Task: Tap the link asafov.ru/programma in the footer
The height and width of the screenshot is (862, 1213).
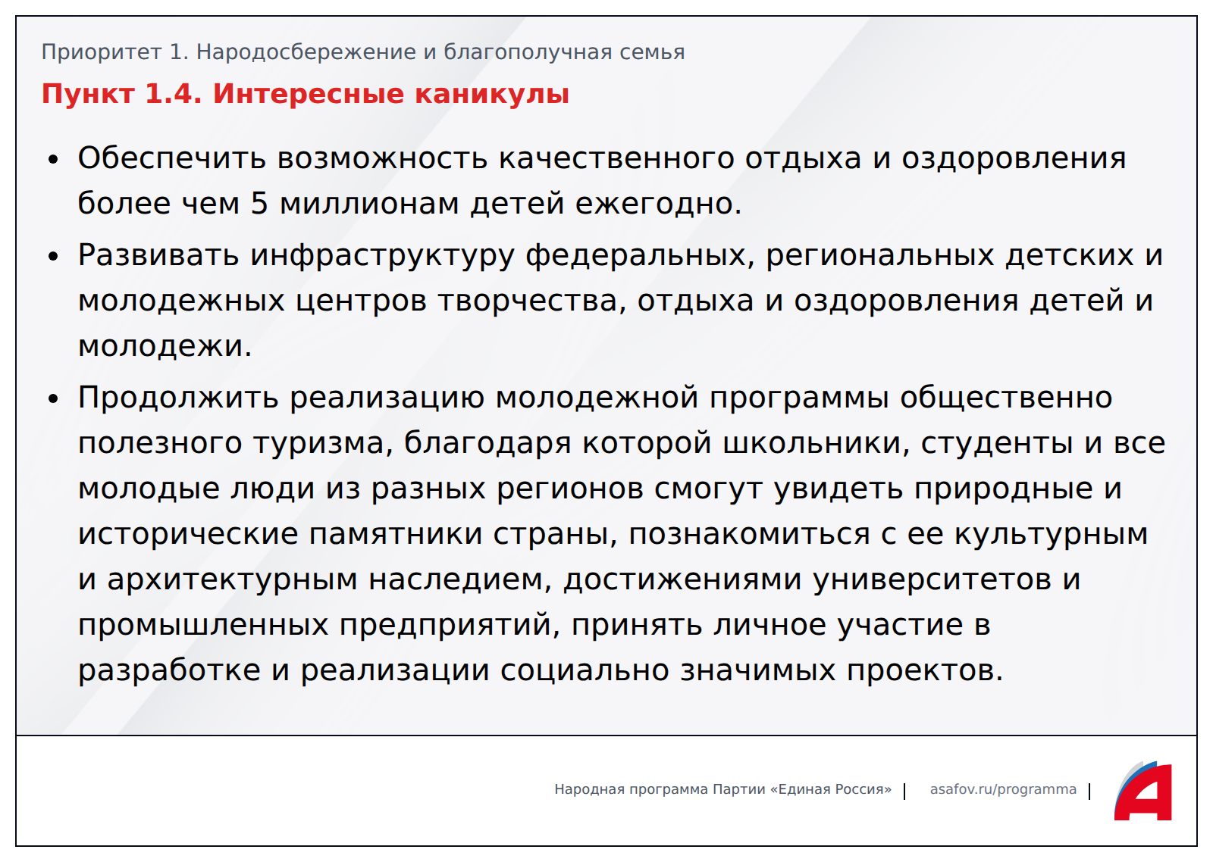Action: click(x=1003, y=789)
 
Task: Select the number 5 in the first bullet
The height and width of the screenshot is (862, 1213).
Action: click(x=259, y=204)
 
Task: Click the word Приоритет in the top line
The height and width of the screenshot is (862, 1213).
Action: click(x=102, y=52)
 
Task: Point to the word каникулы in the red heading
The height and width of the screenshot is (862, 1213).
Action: click(x=492, y=94)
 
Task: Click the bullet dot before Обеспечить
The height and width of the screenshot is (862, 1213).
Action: click(x=53, y=160)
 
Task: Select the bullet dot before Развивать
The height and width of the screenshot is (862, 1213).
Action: click(x=53, y=257)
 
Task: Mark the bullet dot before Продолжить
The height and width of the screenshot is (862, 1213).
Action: click(x=53, y=398)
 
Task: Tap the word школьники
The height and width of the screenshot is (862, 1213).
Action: click(x=817, y=443)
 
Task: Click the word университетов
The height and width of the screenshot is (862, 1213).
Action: click(x=932, y=579)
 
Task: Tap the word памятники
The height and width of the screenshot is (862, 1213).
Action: click(x=396, y=535)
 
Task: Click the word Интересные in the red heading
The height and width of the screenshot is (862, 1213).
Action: click(x=308, y=94)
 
